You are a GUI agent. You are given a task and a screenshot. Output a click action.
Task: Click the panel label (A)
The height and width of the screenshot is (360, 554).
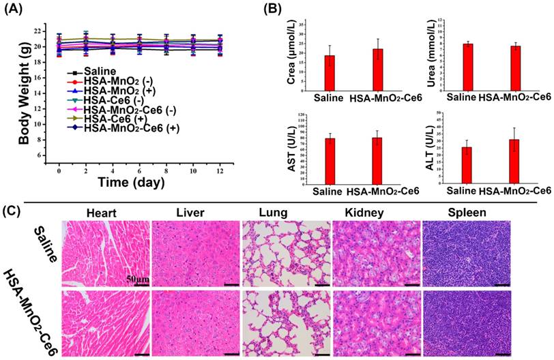pyautogui.click(x=16, y=9)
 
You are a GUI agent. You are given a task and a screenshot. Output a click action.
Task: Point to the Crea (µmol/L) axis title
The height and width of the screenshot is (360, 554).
pyautogui.click(x=291, y=67)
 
